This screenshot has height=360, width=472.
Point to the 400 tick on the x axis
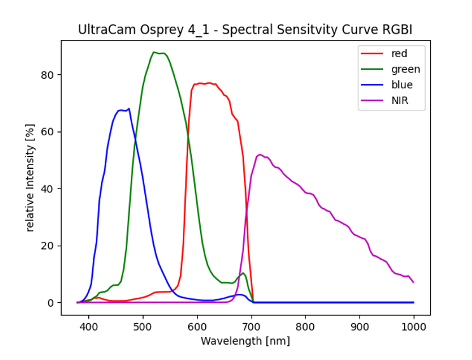88,326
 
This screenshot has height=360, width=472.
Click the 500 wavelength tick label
143,326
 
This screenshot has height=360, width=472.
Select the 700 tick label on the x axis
252,326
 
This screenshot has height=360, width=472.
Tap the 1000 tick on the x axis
414,326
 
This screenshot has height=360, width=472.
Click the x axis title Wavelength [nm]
245,341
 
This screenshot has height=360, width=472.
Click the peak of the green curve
154,52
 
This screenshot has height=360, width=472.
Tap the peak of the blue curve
129,109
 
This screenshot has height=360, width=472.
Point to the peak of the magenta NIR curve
259,154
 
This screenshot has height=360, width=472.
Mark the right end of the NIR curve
414,282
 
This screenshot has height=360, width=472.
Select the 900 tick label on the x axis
360,326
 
